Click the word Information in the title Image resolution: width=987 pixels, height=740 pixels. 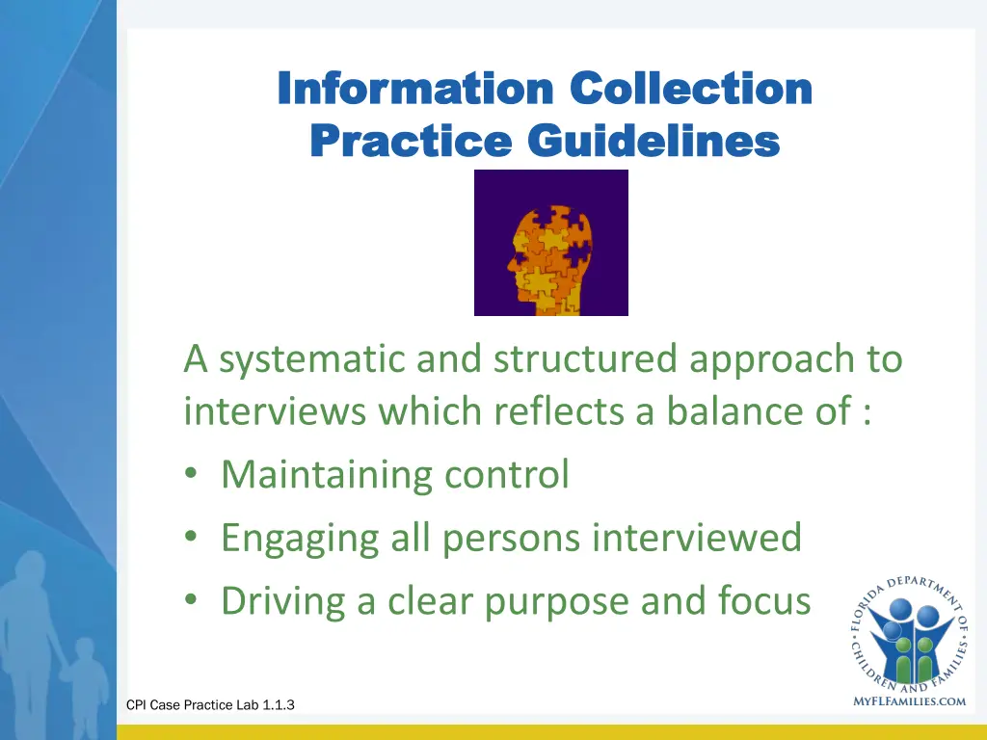pyautogui.click(x=415, y=89)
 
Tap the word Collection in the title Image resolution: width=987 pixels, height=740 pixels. pyautogui.click(x=691, y=89)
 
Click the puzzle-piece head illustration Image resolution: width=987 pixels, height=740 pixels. pyautogui.click(x=550, y=243)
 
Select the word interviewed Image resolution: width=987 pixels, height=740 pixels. pyautogui.click(x=696, y=538)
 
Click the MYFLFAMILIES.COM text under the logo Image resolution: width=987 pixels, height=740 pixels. pyautogui.click(x=910, y=701)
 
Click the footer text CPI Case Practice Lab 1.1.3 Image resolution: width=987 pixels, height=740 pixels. pyautogui.click(x=210, y=705)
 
